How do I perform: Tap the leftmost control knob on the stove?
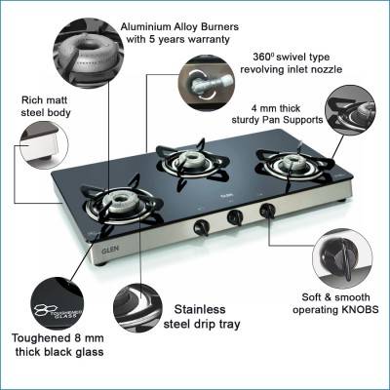point(201,227)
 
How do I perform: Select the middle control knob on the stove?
point(235,217)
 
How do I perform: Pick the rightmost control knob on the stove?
point(267,211)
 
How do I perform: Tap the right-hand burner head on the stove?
point(292,162)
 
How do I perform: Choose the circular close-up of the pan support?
point(350,110)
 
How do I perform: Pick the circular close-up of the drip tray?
point(138,307)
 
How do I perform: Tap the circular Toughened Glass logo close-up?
point(57,304)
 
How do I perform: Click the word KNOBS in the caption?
point(360,309)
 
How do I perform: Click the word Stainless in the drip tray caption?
point(200,309)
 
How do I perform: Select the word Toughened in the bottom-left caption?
point(40,338)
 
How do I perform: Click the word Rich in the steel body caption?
point(31,99)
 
